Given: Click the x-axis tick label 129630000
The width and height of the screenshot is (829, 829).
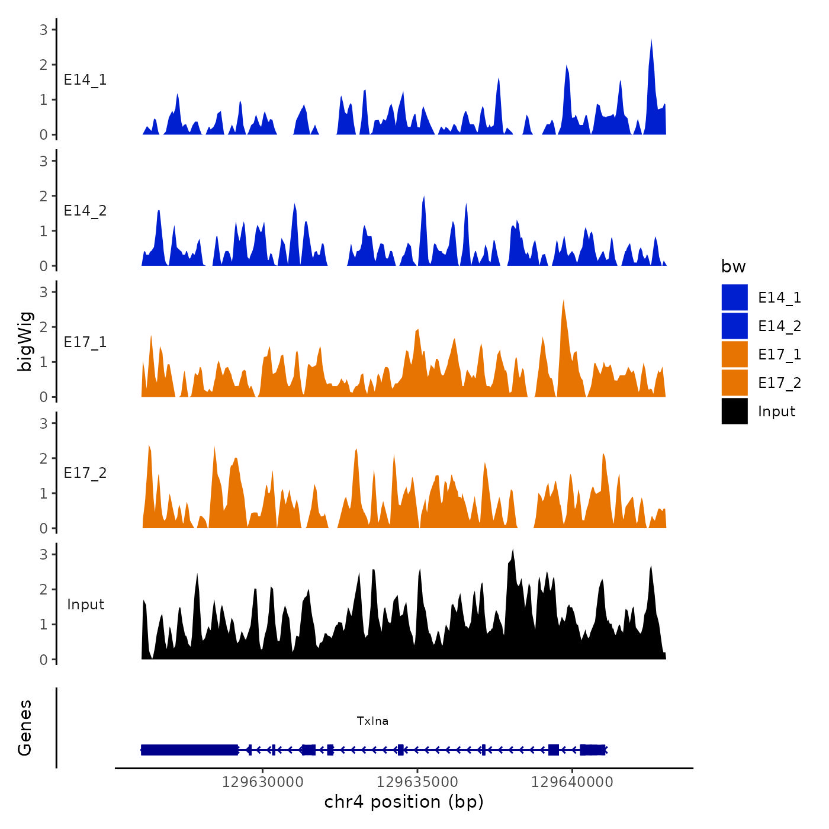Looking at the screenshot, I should (x=263, y=782).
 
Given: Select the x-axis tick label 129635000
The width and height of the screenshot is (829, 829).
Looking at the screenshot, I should (x=417, y=782).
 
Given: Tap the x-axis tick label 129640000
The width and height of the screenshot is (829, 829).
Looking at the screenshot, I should (x=572, y=782).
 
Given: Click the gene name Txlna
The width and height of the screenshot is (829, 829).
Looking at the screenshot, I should (x=372, y=721).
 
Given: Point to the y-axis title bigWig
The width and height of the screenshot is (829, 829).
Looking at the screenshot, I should (x=25, y=342).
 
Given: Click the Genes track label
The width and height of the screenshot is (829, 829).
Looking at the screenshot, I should (x=25, y=728).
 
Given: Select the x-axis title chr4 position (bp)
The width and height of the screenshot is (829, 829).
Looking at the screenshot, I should (x=404, y=802).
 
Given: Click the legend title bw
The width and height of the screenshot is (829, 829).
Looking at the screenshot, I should (x=733, y=266).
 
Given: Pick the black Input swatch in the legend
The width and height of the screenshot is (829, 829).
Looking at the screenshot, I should (x=734, y=411).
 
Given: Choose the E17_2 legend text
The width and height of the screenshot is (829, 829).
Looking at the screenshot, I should (x=779, y=383).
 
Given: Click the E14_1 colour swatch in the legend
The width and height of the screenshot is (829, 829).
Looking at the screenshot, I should (x=734, y=297).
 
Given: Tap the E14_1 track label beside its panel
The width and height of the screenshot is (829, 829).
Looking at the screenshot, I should (x=85, y=80).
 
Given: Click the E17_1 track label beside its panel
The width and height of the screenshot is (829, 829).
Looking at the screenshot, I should (x=85, y=342).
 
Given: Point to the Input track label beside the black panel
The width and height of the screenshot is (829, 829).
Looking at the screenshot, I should (x=85, y=605).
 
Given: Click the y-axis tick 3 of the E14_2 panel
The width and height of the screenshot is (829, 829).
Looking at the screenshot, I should (x=43, y=160).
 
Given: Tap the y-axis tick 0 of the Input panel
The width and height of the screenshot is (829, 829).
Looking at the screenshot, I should (x=43, y=659).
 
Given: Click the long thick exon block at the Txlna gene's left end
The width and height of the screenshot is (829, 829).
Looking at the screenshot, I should (x=189, y=750).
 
